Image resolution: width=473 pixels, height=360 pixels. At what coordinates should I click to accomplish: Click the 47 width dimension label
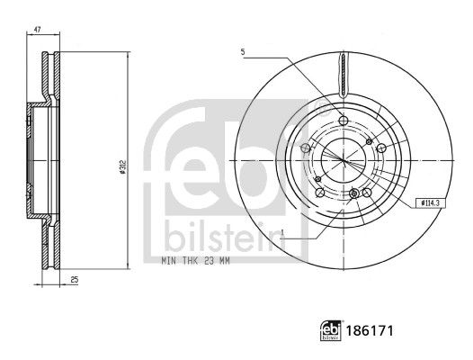pos(37,30)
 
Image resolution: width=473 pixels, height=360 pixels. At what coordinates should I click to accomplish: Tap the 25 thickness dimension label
pos(75,280)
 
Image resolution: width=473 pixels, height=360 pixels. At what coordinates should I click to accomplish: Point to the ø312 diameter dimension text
pos(122,166)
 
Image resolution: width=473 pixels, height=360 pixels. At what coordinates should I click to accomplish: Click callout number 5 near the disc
pos(243,52)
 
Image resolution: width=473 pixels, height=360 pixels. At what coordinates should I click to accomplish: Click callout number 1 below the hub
pos(282,232)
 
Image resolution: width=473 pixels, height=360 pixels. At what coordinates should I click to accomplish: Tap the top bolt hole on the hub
pos(344,121)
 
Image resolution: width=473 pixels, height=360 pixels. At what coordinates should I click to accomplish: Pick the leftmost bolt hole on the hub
pos(306,148)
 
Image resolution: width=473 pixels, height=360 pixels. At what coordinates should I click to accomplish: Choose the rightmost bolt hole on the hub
pos(381,148)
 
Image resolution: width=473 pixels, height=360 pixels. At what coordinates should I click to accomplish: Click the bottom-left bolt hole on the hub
pos(320,193)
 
